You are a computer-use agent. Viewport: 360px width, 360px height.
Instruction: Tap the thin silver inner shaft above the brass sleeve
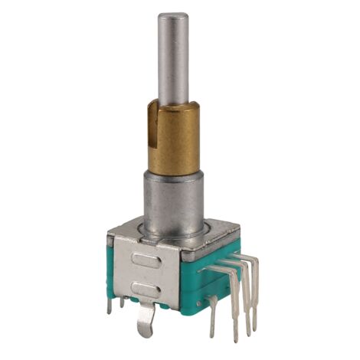(173, 61)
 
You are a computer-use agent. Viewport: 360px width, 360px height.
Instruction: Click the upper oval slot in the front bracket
(145, 260)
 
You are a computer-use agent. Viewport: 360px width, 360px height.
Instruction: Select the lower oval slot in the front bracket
(145, 289)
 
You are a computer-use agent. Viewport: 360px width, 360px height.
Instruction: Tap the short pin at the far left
(110, 306)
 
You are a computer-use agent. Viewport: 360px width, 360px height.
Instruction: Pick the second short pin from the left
(122, 302)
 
